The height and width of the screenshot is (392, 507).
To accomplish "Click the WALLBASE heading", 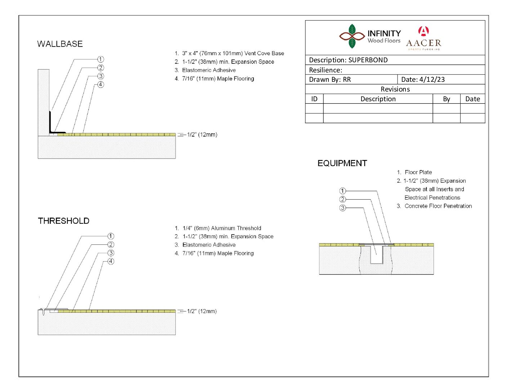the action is coord(60,44).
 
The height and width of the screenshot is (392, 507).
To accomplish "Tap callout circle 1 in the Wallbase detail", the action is coord(100,59).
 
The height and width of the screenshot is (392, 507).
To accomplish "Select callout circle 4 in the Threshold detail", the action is coord(111,261).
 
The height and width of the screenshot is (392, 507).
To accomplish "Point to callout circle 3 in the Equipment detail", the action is coord(342,208).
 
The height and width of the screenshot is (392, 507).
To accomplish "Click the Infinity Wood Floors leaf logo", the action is coord(352,36).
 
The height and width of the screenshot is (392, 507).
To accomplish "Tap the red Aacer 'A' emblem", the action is coord(423,31).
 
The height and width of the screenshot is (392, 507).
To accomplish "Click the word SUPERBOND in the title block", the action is coord(368,60).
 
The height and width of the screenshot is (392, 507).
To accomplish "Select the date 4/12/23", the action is coord(432,80).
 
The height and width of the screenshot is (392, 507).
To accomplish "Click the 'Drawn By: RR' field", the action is coord(330,80).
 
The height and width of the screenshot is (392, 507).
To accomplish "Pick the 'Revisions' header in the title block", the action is coord(395,89).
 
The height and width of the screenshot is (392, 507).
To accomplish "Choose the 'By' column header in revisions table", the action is coord(447,99).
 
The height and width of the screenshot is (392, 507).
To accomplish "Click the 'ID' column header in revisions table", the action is coord(314,99).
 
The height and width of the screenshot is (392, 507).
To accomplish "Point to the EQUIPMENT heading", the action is coord(342,163).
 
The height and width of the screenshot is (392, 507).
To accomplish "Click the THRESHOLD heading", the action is coord(64,221).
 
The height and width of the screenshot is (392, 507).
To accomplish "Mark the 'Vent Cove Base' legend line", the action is coord(229,53).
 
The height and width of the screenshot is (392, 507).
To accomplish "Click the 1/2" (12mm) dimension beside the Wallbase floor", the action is coord(202,134).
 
